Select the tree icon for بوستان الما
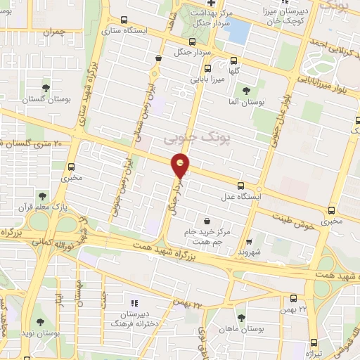246,90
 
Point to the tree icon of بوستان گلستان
46,88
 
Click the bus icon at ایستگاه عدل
241,186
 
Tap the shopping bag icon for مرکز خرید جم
206,221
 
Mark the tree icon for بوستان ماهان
241,318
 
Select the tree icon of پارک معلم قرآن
41,196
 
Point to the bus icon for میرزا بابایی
207,68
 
